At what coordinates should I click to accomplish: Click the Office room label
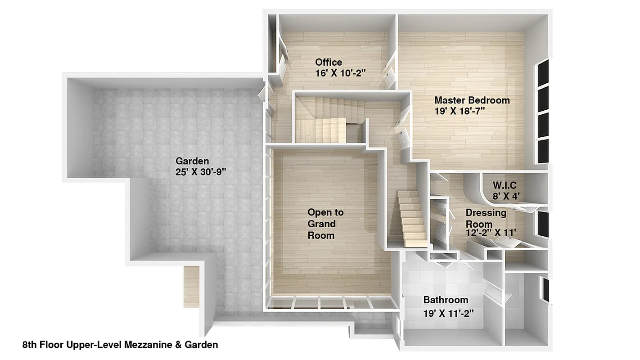[329, 62]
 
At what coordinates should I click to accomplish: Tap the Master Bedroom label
[472, 100]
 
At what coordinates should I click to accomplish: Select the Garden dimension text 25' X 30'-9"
[200, 171]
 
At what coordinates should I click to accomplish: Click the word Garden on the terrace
[192, 161]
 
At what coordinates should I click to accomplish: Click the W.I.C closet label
[504, 185]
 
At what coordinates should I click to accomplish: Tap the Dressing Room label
[485, 218]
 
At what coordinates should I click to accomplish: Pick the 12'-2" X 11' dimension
[491, 232]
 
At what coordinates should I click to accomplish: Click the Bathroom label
[446, 300]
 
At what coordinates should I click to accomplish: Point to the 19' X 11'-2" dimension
[448, 313]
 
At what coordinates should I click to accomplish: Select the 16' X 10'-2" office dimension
[340, 73]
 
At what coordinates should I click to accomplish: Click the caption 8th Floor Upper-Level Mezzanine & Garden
[120, 345]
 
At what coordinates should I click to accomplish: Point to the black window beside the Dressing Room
[544, 223]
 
